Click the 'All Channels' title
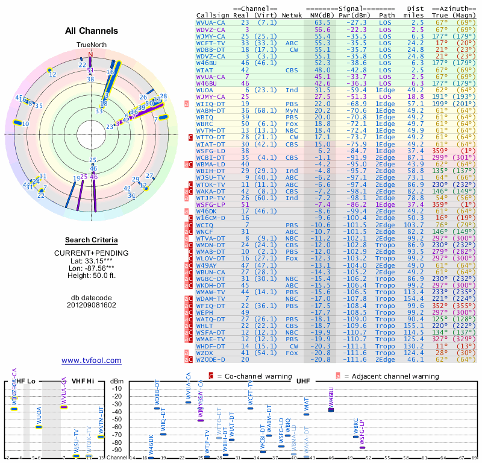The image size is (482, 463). pyautogui.click(x=92, y=31)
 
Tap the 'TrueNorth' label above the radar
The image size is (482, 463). pyautogui.click(x=91, y=45)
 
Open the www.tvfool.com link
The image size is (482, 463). pyautogui.click(x=91, y=361)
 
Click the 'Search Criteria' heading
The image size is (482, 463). pyautogui.click(x=91, y=240)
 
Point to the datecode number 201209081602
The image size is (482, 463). pyautogui.click(x=91, y=304)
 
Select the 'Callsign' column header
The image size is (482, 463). pyautogui.click(x=213, y=15)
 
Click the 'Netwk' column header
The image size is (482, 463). pyautogui.click(x=292, y=15)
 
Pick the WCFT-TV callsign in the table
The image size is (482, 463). pyautogui.click(x=212, y=43)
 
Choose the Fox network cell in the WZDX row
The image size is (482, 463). pyautogui.click(x=292, y=352)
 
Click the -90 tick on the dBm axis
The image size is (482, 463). pyautogui.click(x=117, y=450)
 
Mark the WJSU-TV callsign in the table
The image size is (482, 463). pyautogui.click(x=212, y=178)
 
